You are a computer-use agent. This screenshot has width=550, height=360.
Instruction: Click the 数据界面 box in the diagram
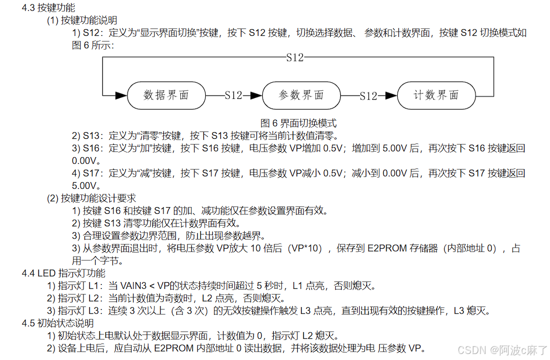point(166,95)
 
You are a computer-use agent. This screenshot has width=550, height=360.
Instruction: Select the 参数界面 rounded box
point(301,95)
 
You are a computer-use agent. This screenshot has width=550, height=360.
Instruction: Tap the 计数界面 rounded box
point(436,95)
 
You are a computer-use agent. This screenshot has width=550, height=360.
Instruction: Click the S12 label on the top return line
point(295,57)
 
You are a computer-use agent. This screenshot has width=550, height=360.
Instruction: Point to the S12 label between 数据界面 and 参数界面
point(233,95)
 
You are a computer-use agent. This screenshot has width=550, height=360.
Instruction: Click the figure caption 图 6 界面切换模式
point(298,122)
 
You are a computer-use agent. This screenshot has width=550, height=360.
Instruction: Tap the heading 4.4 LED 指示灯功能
point(63,273)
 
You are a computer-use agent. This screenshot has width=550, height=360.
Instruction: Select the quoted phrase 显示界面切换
point(169,33)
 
